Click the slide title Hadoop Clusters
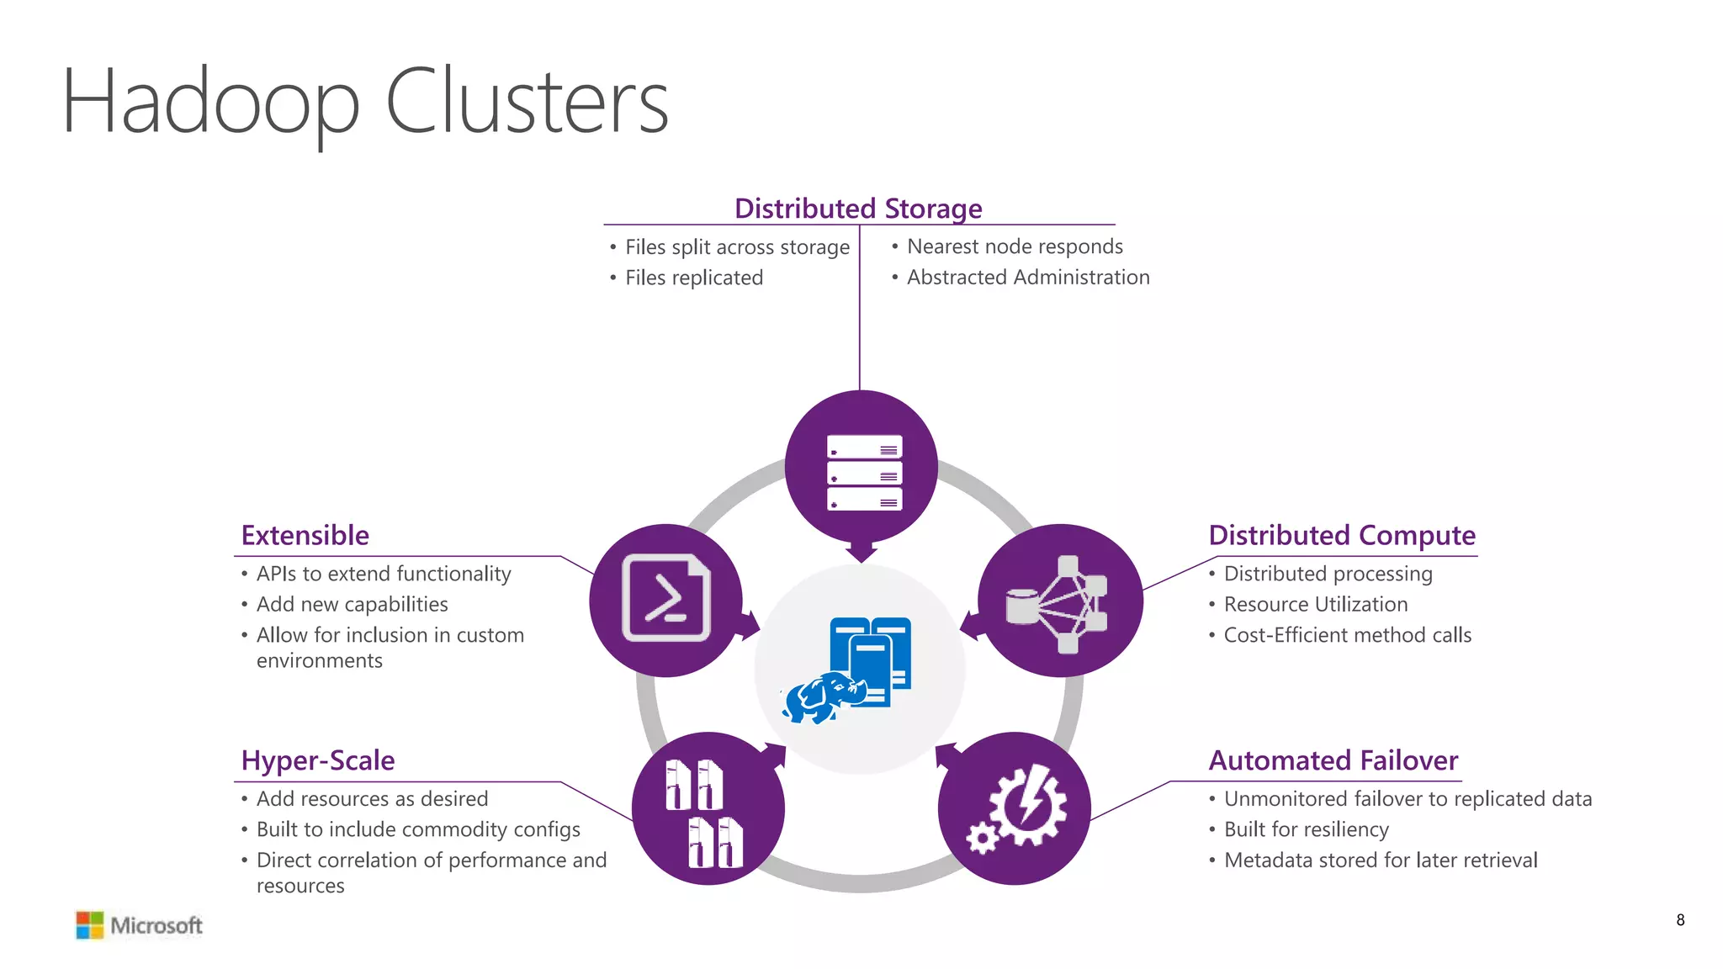point(364,103)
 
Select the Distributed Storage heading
point(858,208)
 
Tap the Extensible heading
point(305,535)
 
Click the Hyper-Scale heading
point(317,760)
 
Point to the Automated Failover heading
point(1333,760)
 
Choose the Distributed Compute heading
point(1341,535)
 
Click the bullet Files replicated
point(693,278)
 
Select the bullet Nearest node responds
point(1014,246)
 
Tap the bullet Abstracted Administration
point(1027,278)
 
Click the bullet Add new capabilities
point(352,604)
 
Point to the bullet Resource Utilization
point(1315,604)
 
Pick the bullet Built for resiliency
point(1306,829)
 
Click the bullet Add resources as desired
point(372,798)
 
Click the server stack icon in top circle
point(864,472)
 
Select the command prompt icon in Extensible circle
point(665,598)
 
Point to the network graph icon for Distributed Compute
point(1058,603)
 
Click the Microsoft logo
point(140,925)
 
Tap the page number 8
point(1679,920)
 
